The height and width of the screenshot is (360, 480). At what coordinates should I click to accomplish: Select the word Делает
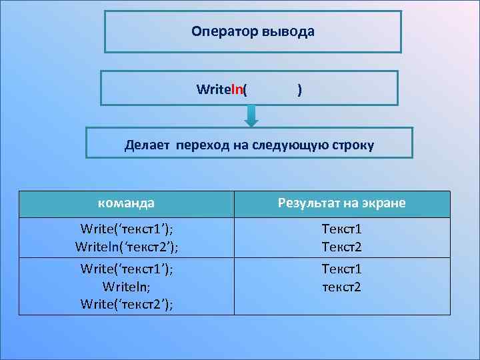(x=148, y=145)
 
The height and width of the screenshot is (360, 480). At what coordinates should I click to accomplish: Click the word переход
(x=202, y=145)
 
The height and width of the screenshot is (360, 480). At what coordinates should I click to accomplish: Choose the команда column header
(x=126, y=203)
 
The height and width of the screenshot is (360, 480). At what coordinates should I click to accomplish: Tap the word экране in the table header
(x=384, y=203)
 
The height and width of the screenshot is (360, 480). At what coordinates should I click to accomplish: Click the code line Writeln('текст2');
(x=127, y=247)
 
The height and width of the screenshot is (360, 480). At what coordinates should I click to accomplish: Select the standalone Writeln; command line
(x=127, y=286)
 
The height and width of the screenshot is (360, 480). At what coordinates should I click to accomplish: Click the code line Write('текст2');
(x=127, y=304)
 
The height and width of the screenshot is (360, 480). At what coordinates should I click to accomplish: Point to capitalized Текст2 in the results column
(x=341, y=247)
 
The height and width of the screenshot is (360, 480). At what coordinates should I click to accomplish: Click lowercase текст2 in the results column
(x=341, y=287)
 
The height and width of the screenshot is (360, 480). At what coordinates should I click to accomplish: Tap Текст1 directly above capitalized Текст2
(x=341, y=229)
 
